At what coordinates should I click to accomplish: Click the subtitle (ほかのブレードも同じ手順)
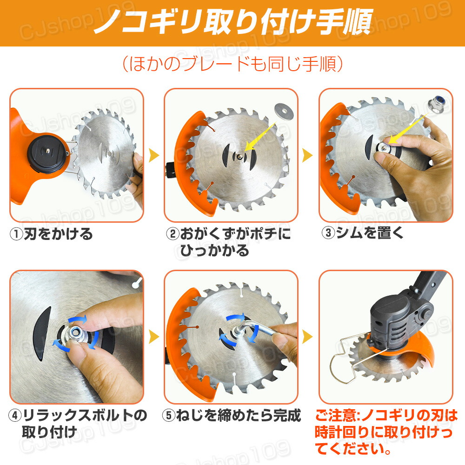tap(232, 64)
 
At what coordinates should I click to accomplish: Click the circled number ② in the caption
tap(173, 234)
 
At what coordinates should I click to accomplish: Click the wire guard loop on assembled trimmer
tap(342, 365)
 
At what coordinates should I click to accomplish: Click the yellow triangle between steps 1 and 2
tap(154, 155)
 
